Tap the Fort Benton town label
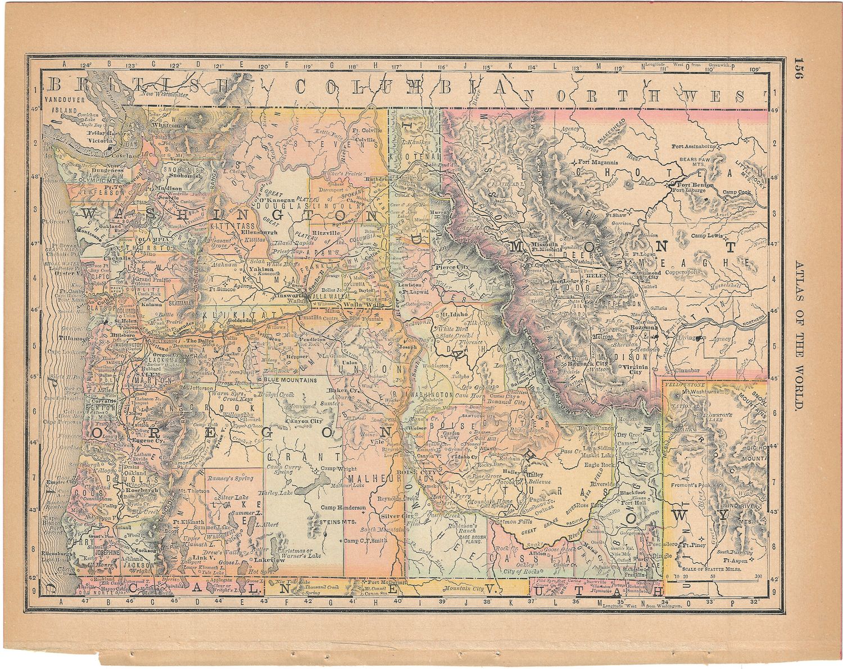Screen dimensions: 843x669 pyautogui.click(x=695, y=184)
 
